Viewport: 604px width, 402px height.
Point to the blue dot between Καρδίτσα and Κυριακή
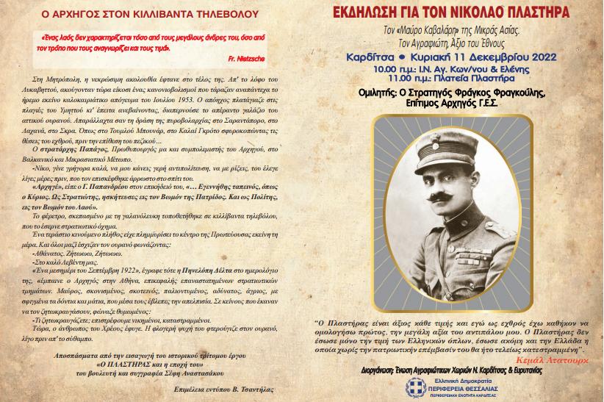tap(405, 57)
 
